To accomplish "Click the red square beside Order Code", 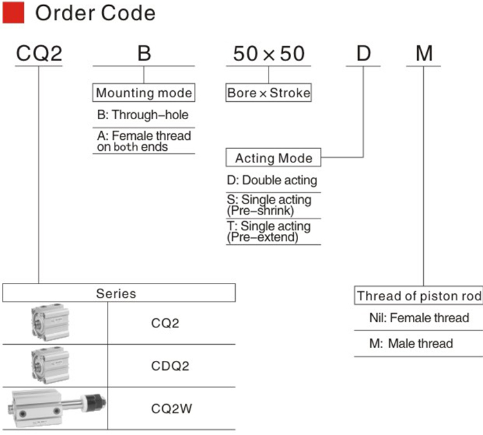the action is click(x=14, y=13).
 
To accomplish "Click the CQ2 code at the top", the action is click(x=39, y=53).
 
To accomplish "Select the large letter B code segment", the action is click(x=144, y=53).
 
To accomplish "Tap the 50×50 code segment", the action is click(x=269, y=53).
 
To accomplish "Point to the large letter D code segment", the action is click(x=363, y=53).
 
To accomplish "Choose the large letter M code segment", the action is click(x=424, y=53).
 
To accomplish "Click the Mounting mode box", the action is click(x=144, y=93).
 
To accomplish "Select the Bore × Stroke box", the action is click(x=269, y=93).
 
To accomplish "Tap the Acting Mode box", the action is click(x=274, y=157).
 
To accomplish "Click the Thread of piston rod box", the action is click(x=419, y=295).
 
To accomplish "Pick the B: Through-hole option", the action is click(x=142, y=115).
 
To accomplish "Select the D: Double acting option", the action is click(x=272, y=180).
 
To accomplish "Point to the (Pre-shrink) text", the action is click(x=260, y=211).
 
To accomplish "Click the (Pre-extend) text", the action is click(x=263, y=237).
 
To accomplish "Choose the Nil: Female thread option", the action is click(x=419, y=318).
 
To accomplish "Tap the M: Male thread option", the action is click(x=412, y=343).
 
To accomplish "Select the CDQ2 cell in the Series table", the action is click(x=170, y=366).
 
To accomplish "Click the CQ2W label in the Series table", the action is click(x=171, y=409).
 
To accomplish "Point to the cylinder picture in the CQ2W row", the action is click(x=59, y=408).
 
